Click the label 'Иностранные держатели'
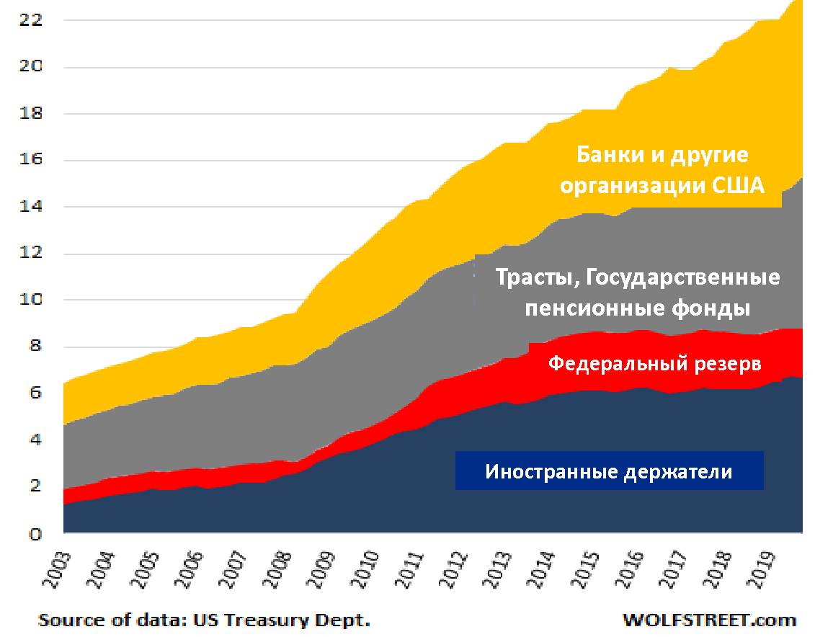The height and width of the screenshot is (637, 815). click(x=608, y=472)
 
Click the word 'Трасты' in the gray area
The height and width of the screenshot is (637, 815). click(x=533, y=277)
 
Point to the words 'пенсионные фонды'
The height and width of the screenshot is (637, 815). click(x=637, y=308)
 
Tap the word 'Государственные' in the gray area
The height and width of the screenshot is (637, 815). click(x=681, y=277)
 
